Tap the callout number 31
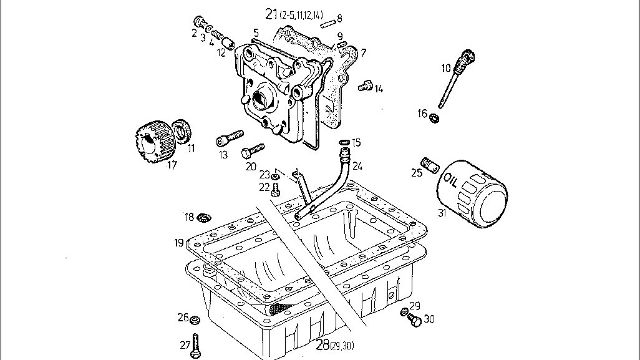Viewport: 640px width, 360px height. pos(442,213)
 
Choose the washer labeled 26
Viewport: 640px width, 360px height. pos(195,320)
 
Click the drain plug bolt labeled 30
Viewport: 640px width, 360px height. pos(412,320)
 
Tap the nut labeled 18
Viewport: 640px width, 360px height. pos(202,218)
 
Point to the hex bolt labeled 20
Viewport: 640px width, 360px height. pos(253,150)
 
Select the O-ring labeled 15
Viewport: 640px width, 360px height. pos(342,143)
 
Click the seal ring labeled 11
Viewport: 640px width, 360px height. pos(182,132)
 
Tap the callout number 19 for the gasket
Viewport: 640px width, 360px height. pos(178,242)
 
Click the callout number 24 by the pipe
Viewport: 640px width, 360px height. pos(357,166)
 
